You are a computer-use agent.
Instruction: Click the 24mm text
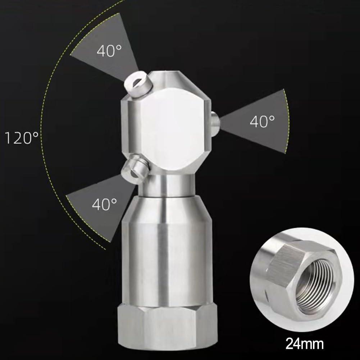point(304,344)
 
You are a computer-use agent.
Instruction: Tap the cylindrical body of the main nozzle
point(167,263)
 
